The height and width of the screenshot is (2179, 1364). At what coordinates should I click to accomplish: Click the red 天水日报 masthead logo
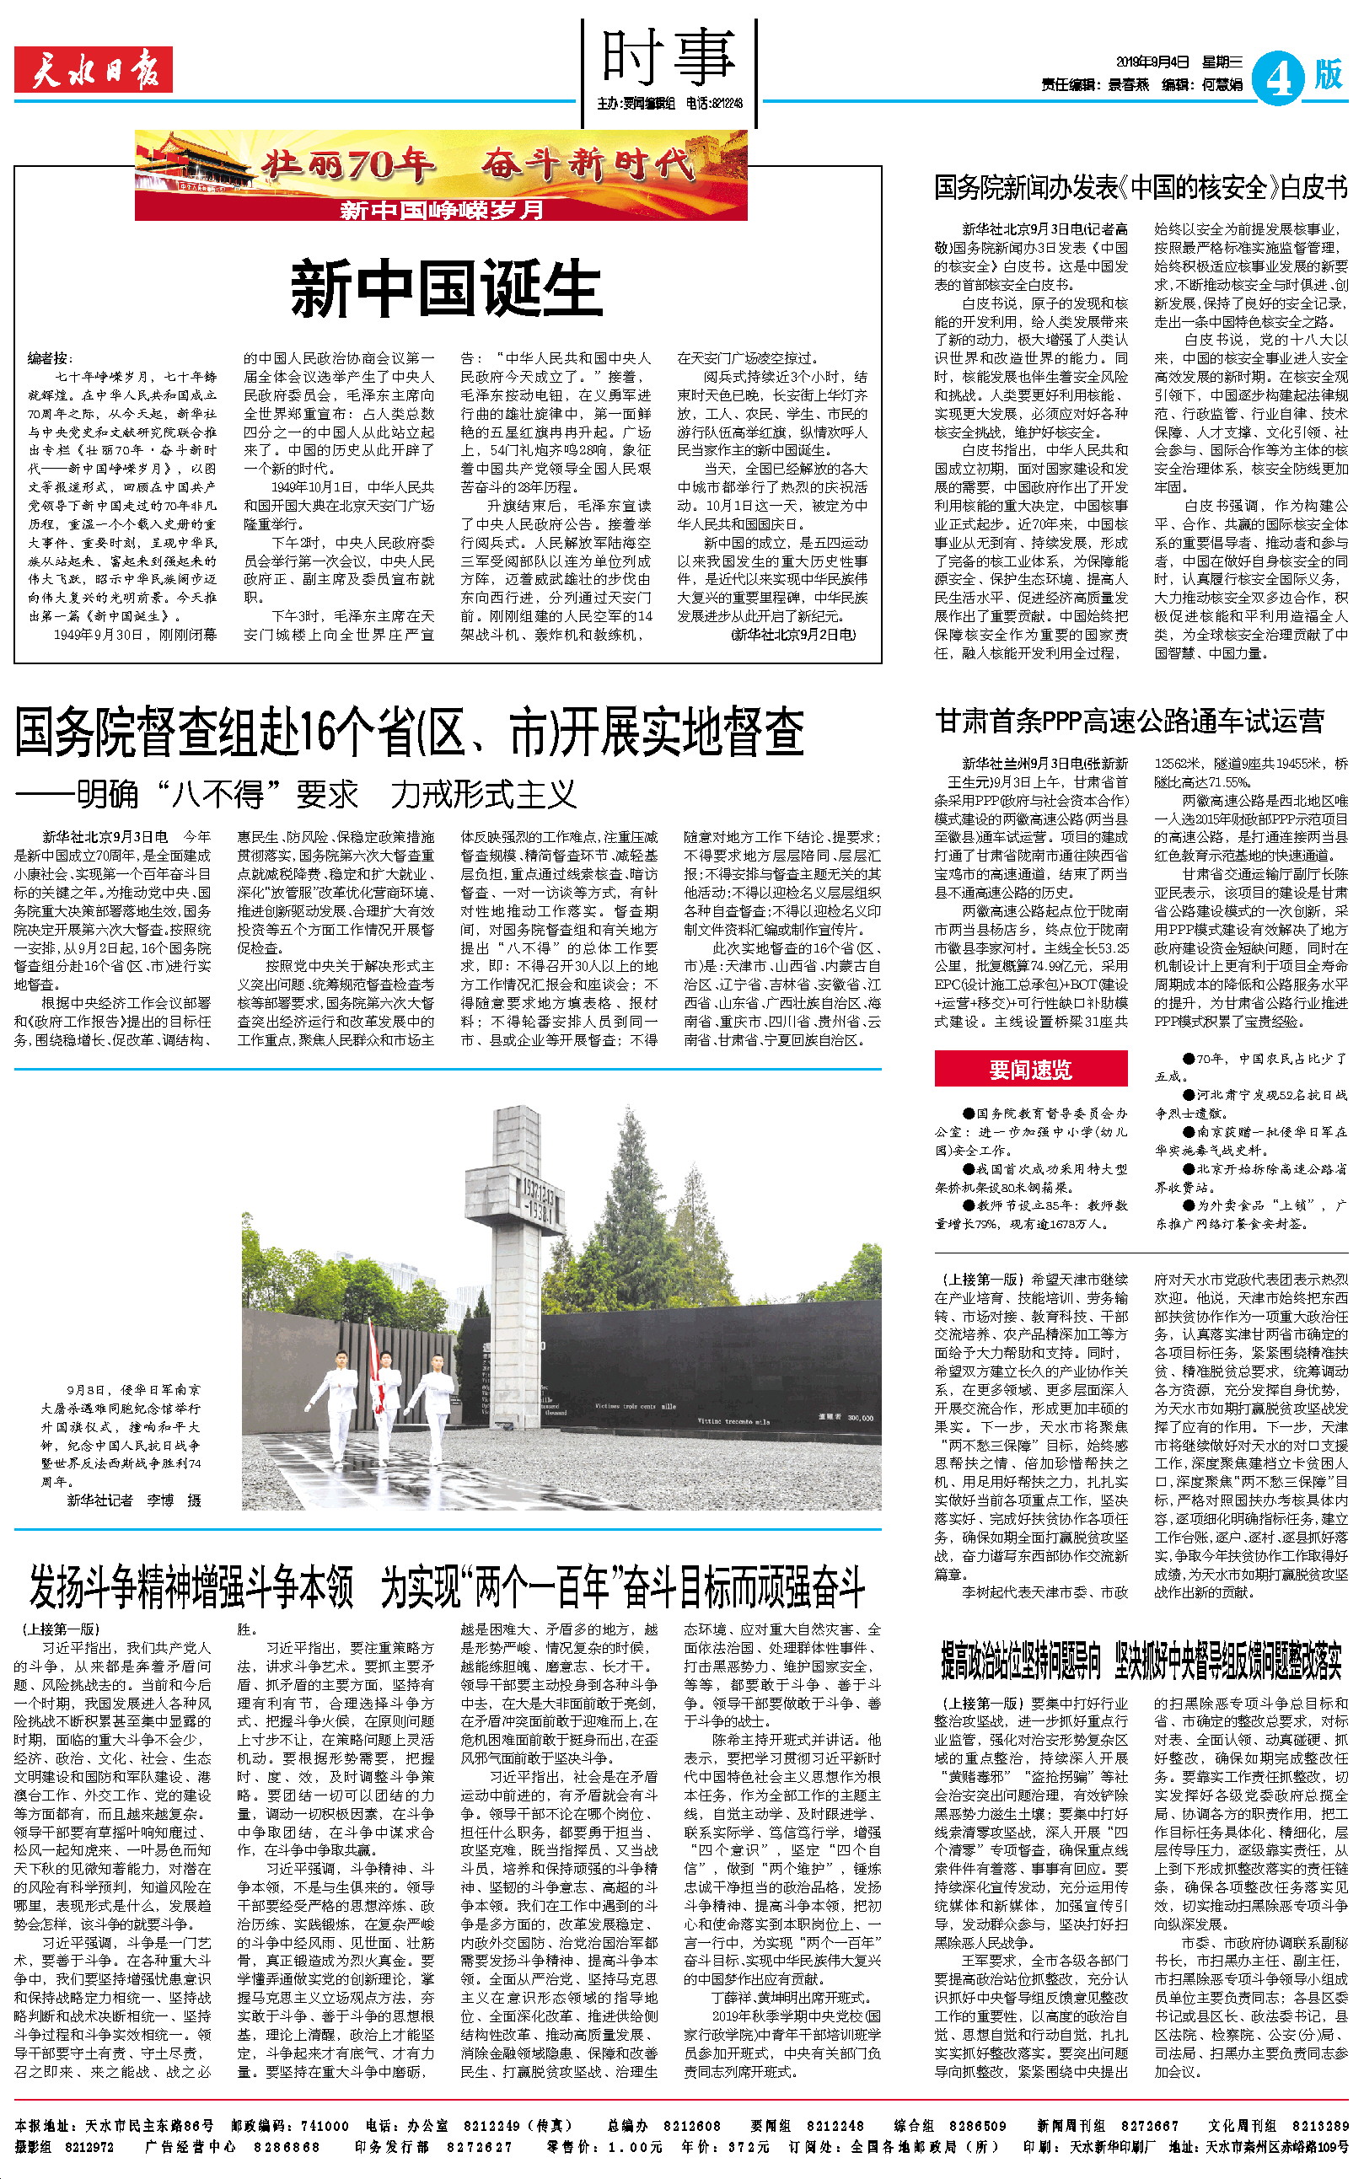coord(93,70)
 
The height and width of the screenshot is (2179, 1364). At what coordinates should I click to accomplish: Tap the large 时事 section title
coord(669,56)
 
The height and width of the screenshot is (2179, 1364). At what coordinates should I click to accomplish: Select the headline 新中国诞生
coord(446,289)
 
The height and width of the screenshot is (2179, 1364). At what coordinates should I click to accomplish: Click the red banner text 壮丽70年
coord(348,164)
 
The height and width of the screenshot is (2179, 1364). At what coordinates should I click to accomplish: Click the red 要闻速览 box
coord(1030,1070)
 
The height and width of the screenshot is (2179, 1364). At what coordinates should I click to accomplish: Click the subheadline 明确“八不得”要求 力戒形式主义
coord(298,796)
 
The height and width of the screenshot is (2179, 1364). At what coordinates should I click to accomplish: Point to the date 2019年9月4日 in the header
coord(1152,62)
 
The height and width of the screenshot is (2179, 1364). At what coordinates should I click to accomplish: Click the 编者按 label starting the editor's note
coord(51,358)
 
